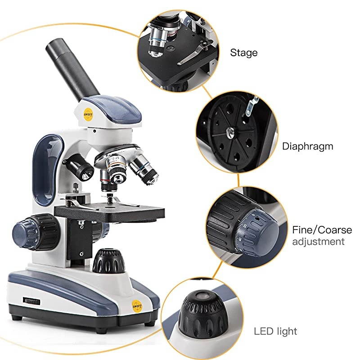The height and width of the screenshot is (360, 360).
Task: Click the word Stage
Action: coord(243,53)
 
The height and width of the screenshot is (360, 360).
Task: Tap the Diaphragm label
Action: coord(307,147)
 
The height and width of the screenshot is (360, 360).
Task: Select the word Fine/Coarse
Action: coord(322,230)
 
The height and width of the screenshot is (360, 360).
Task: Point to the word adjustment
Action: coord(318,242)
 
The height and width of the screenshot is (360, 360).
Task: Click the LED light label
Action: coord(275,331)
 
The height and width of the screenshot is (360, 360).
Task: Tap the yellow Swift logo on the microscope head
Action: coord(88,114)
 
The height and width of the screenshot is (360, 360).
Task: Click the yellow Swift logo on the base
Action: coord(137,306)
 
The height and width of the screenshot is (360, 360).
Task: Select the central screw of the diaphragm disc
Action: coord(230,132)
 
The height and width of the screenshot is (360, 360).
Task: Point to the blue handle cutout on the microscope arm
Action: coord(46,170)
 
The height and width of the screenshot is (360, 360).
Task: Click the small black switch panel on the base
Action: coord(31,301)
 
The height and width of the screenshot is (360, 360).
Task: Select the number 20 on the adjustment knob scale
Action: coord(245,226)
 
